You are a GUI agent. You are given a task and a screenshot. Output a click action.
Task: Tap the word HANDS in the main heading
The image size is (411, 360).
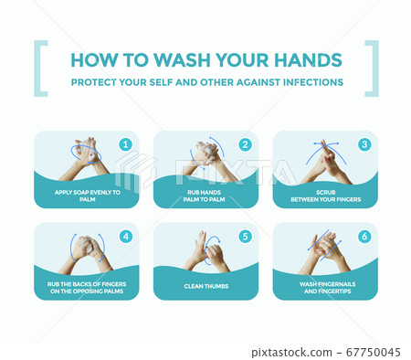tap(308, 60)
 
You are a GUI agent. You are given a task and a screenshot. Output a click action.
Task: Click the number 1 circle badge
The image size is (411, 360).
tap(126, 144)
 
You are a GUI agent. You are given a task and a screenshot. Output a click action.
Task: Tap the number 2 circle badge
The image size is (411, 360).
tap(245, 144)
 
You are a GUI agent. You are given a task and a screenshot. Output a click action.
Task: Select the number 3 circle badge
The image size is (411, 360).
tap(364, 144)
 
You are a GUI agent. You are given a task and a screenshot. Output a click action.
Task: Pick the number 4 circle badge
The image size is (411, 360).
tap(126, 237)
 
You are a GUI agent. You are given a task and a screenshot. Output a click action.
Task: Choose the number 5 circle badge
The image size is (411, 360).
tap(245, 237)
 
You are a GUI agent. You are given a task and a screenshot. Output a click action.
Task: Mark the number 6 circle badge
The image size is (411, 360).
tap(364, 237)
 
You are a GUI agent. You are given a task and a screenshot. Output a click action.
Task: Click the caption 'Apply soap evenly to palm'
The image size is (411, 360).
tap(88, 196)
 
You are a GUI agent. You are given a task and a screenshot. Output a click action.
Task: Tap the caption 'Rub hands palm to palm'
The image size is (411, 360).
tap(204, 196)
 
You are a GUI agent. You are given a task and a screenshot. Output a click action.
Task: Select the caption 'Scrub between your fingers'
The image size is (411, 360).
tap(326, 196)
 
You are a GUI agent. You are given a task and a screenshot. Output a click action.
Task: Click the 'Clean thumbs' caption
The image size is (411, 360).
tap(206, 286)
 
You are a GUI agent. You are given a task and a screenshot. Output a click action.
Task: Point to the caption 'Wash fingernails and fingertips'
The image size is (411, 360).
tap(327, 288)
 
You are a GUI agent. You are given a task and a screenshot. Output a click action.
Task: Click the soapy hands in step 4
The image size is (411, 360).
tap(86, 254)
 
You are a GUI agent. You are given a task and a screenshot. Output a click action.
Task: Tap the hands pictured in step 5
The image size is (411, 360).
tap(206, 253)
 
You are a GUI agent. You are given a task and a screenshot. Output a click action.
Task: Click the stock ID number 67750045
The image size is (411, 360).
tap(374, 353)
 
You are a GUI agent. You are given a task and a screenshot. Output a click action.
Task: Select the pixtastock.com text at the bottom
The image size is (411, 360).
tap(291, 353)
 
